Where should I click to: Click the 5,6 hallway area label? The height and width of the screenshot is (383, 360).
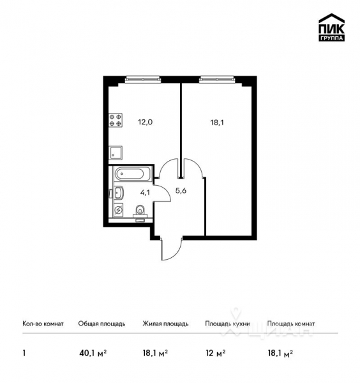pos(181,189)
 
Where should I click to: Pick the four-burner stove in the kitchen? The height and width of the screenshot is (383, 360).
pos(116,121)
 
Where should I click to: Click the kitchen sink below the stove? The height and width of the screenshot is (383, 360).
pos(116,153)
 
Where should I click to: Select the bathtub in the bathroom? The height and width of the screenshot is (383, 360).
pos(132,173)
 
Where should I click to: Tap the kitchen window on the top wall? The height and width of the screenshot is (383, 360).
pos(144,79)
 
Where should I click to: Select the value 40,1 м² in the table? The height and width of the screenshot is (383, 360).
pos(92,352)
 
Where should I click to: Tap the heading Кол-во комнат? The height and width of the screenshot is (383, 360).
pos(43,324)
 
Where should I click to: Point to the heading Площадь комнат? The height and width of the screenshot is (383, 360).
pos(291,324)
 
